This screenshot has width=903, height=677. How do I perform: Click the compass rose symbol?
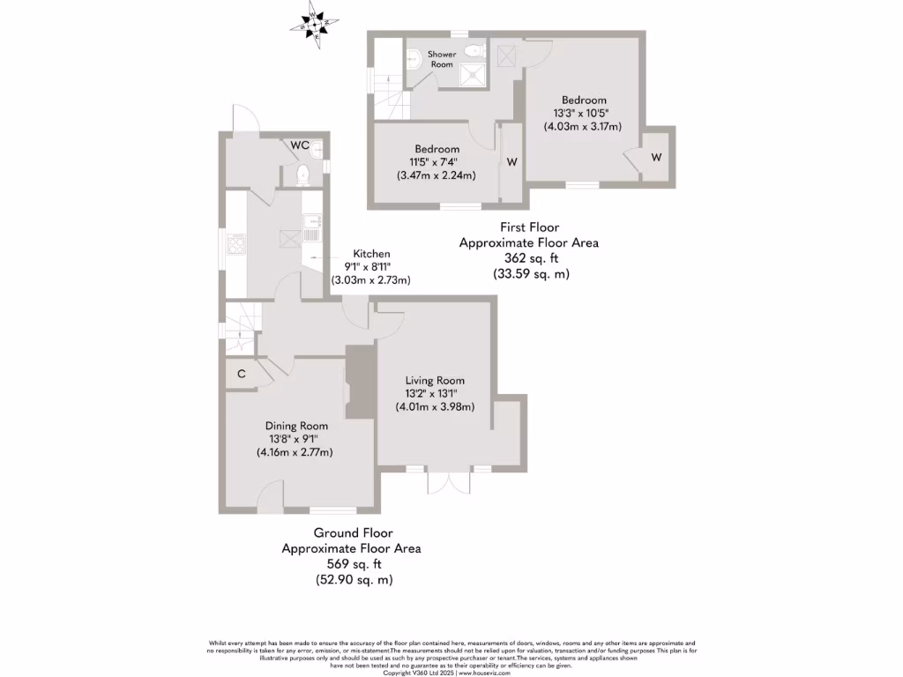click(x=312, y=23)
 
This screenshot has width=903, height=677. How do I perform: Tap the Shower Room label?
click(x=442, y=59)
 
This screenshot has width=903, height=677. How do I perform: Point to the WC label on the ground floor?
click(x=300, y=145)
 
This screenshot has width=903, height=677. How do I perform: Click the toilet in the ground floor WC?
click(x=301, y=175)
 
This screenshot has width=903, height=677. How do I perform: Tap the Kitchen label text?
click(x=371, y=254)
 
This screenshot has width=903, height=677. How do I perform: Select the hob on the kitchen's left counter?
click(x=237, y=244)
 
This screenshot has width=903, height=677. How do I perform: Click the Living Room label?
click(x=435, y=380)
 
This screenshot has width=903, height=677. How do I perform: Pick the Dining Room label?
click(x=296, y=426)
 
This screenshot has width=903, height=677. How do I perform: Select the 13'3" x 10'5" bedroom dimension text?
click(x=582, y=113)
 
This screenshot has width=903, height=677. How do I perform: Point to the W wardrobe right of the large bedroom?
click(x=656, y=157)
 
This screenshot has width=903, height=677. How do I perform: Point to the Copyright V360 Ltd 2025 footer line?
click(x=451, y=673)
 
